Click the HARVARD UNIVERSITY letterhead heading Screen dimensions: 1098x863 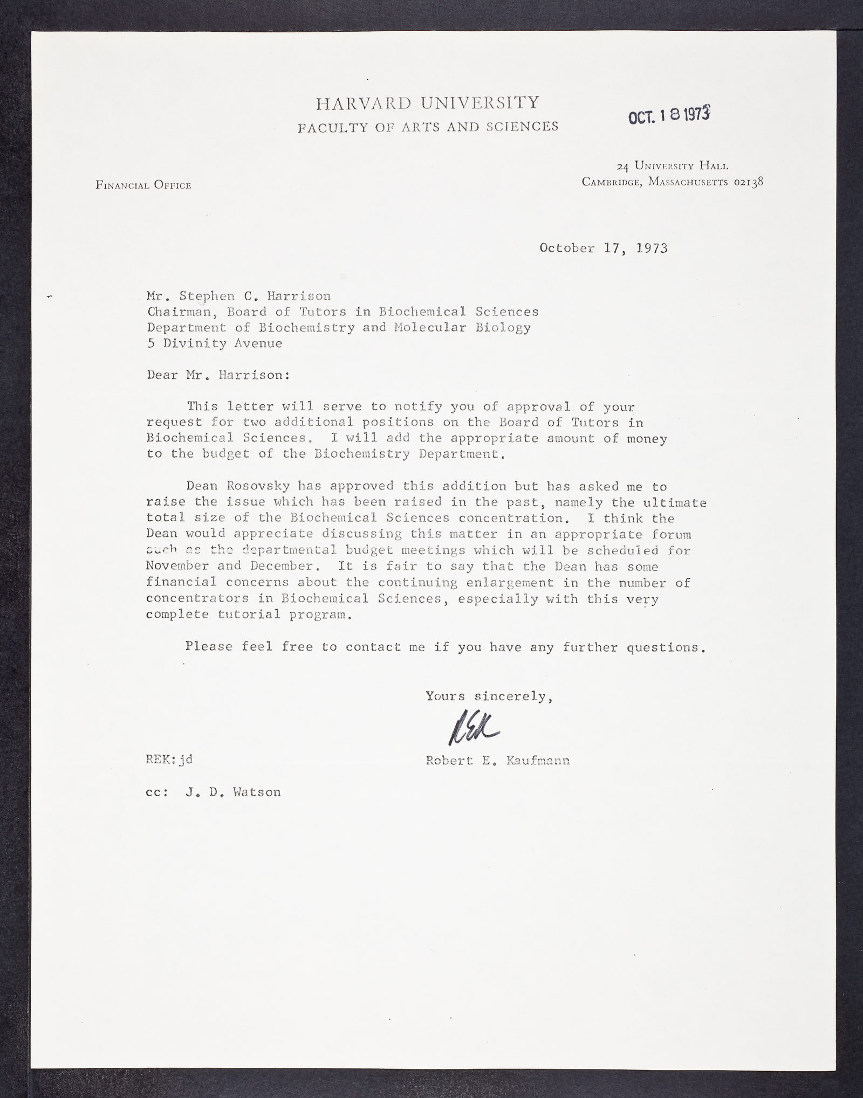[x=427, y=102]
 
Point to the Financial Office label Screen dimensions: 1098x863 [x=143, y=185]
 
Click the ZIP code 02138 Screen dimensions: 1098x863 [x=749, y=182]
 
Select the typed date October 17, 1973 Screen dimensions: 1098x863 [x=603, y=248]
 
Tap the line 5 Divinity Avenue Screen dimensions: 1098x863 [x=214, y=343]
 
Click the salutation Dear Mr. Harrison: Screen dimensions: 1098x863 [x=218, y=375]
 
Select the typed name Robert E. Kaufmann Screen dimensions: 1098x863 [x=497, y=761]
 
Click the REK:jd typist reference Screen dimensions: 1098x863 [x=169, y=760]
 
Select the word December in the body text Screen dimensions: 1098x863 [x=283, y=567]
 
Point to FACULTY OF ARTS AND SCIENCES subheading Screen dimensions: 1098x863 [x=428, y=127]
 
